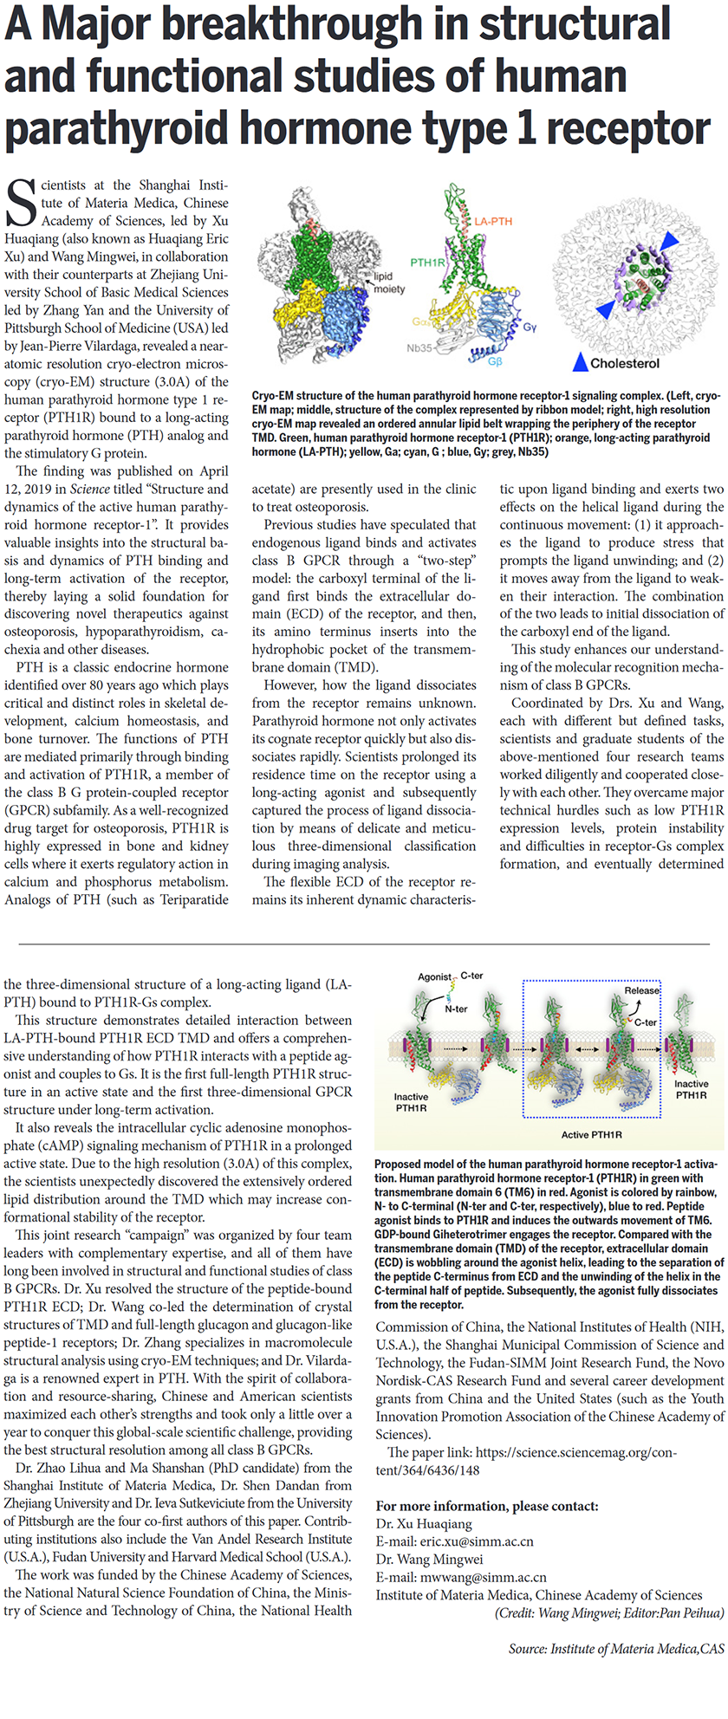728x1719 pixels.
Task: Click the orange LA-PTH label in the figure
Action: click(x=493, y=222)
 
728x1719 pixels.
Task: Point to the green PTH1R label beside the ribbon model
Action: click(x=427, y=262)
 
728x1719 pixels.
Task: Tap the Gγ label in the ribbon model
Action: click(x=530, y=328)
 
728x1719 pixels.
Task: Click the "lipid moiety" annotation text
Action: click(x=389, y=282)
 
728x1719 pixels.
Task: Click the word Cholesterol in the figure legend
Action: click(x=625, y=364)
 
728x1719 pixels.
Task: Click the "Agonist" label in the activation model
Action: click(x=435, y=976)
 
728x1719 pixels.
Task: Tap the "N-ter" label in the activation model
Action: click(x=456, y=1009)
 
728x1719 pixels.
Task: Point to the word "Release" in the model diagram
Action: click(x=641, y=990)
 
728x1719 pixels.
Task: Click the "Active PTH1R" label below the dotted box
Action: click(x=592, y=1134)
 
